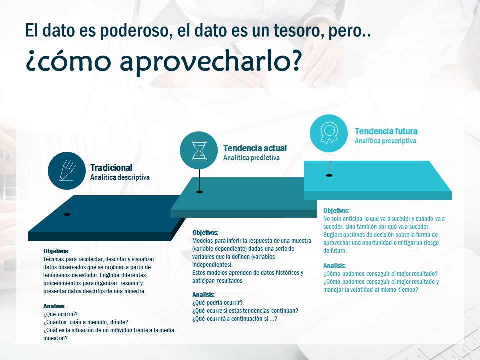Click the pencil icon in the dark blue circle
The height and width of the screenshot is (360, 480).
(x=67, y=171)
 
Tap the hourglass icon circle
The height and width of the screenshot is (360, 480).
(x=199, y=150)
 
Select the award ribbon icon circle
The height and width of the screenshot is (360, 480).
(x=329, y=133)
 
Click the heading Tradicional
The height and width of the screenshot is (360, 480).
(x=111, y=168)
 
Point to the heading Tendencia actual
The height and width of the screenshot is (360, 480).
(x=255, y=148)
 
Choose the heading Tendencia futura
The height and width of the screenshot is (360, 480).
(x=386, y=131)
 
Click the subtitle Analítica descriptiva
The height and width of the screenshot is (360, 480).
(x=120, y=177)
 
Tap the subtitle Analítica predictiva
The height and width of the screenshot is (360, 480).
(x=251, y=158)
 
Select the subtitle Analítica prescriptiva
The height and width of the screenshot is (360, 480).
(x=385, y=141)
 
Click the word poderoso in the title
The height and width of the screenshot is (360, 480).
(x=134, y=31)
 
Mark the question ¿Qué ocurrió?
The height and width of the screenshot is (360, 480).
(x=60, y=314)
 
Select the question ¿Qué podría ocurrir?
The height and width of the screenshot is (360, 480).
(x=217, y=303)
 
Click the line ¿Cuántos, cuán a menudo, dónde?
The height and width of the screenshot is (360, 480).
(x=86, y=322)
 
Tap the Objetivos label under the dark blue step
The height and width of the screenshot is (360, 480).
(x=56, y=251)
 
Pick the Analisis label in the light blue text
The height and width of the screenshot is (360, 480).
(x=334, y=265)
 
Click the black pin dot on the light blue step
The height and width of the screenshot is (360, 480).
(x=329, y=175)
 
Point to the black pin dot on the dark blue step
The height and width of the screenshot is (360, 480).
(x=67, y=214)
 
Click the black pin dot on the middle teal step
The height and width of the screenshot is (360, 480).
(x=199, y=192)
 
